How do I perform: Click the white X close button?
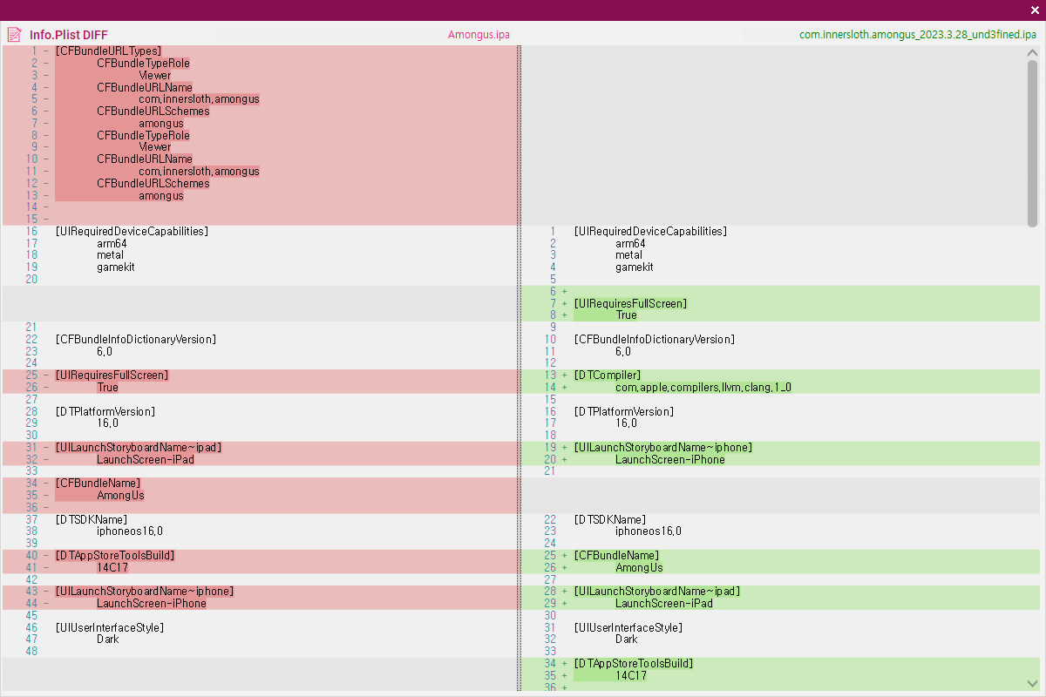pos(1035,10)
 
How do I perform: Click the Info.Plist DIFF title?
pos(69,35)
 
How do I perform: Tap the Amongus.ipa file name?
pos(479,35)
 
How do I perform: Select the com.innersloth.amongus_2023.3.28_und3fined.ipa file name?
pos(918,35)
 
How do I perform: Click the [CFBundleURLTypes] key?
pos(108,51)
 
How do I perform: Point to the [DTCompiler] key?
pos(607,376)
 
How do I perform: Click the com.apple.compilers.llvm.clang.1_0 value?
pos(703,388)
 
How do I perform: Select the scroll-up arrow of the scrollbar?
pos(1032,53)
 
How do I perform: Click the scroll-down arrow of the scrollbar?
pos(1032,683)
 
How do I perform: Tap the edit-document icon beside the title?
pos(15,35)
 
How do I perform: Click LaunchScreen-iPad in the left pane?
pos(146,460)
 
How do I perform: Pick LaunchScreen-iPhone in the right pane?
pos(670,460)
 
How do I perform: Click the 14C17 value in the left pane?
pos(112,568)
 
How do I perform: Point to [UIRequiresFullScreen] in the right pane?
pos(630,304)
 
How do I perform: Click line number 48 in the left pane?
pos(31,651)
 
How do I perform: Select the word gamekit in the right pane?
pos(635,267)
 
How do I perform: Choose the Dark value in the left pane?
pos(108,639)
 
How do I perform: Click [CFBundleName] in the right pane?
pos(616,556)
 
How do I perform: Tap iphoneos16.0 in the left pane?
pos(130,531)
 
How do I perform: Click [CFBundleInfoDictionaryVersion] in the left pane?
pos(136,340)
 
